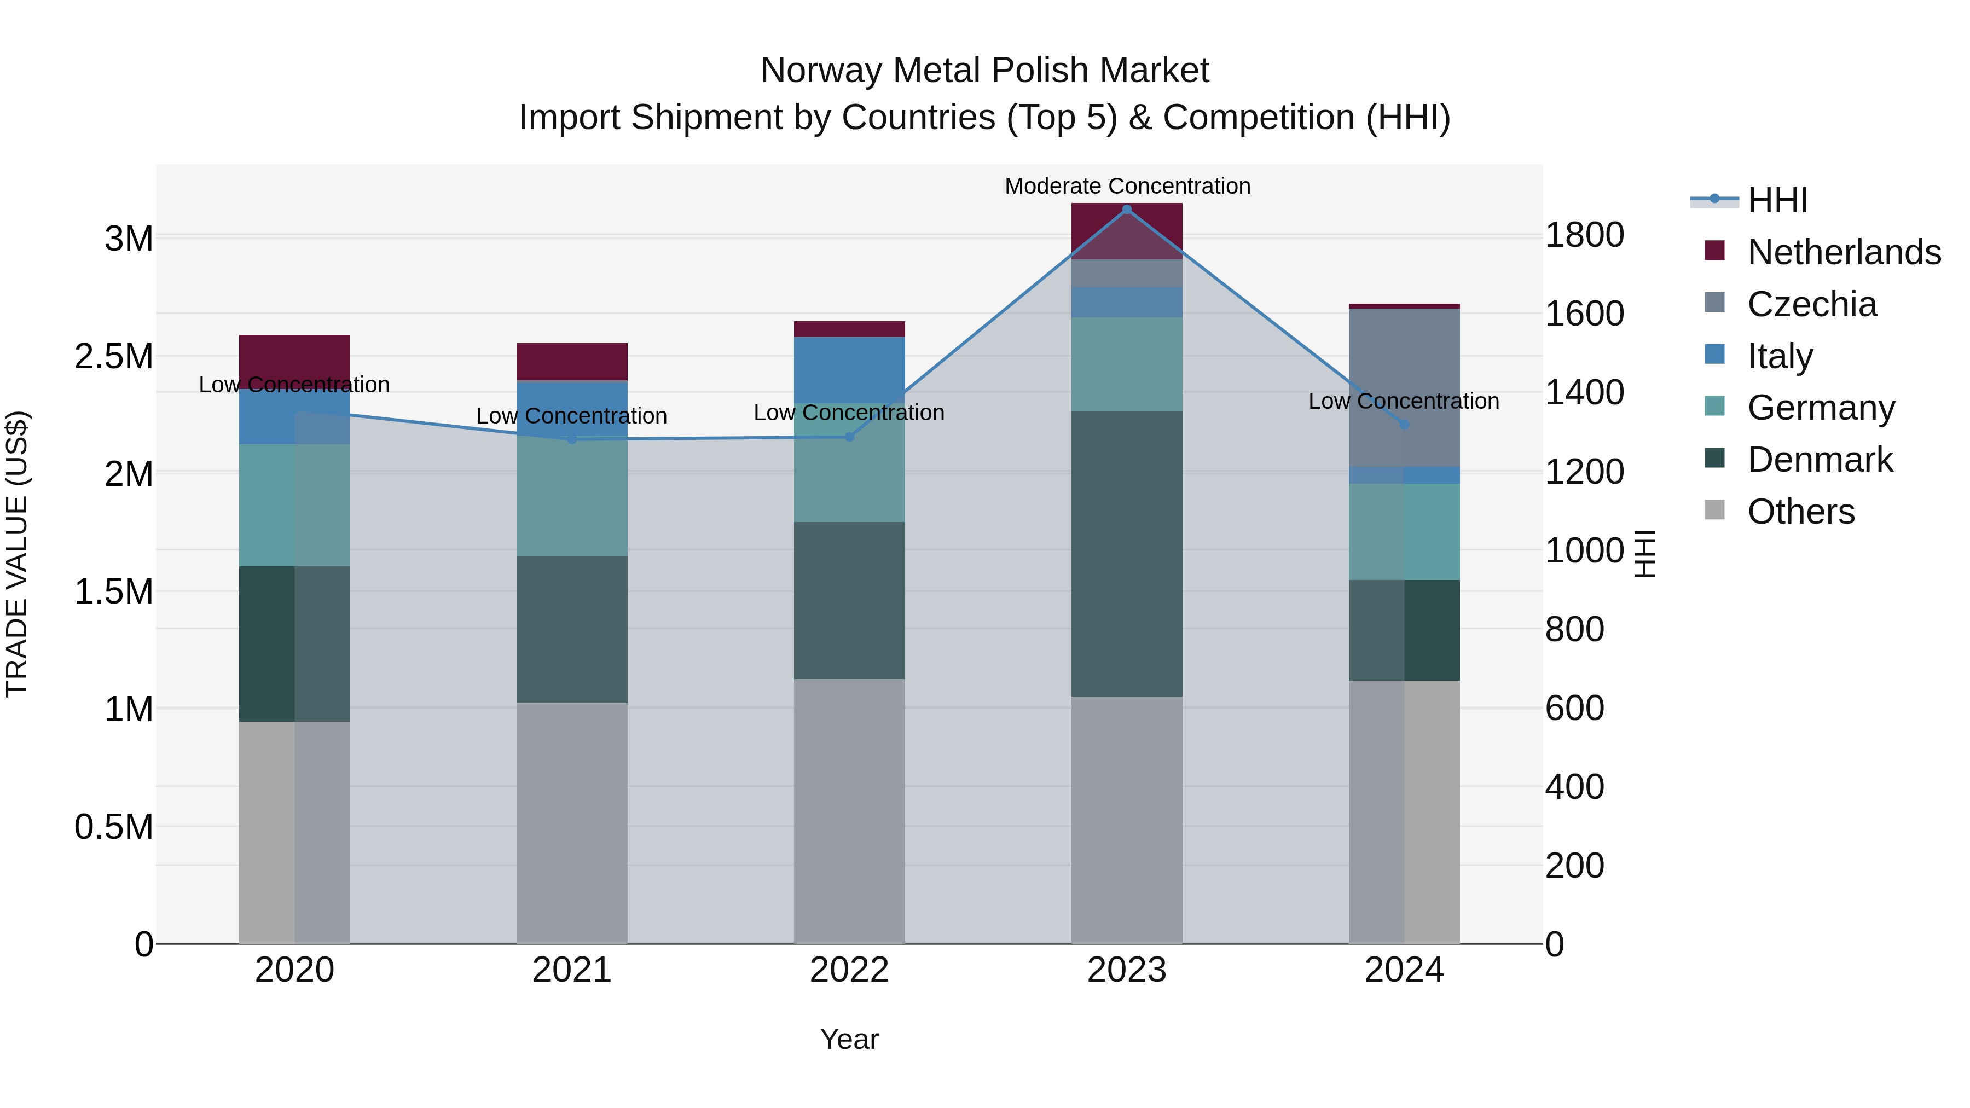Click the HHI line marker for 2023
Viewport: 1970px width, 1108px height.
(x=1127, y=210)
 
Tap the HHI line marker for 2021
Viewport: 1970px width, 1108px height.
(x=572, y=439)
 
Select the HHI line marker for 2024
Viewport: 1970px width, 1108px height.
(x=1404, y=425)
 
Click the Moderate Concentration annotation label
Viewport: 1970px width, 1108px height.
(x=1127, y=186)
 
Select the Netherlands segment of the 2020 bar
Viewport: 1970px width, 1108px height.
(x=294, y=359)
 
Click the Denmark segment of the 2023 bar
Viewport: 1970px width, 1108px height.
(x=1127, y=554)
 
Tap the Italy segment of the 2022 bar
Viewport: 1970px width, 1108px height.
(x=849, y=370)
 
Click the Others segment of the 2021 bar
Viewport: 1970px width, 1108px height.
(x=572, y=823)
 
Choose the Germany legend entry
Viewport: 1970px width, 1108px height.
(x=1820, y=408)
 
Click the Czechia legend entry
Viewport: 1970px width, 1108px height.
(x=1811, y=304)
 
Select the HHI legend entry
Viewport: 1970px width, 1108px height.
(x=1776, y=200)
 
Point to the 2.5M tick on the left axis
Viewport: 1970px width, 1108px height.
(x=113, y=356)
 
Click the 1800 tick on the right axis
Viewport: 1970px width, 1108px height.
(x=1584, y=235)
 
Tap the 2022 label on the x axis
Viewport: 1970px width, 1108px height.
(x=849, y=970)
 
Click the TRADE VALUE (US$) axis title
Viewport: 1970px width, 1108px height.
(x=17, y=554)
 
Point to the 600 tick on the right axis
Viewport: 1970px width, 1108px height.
(x=1574, y=708)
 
